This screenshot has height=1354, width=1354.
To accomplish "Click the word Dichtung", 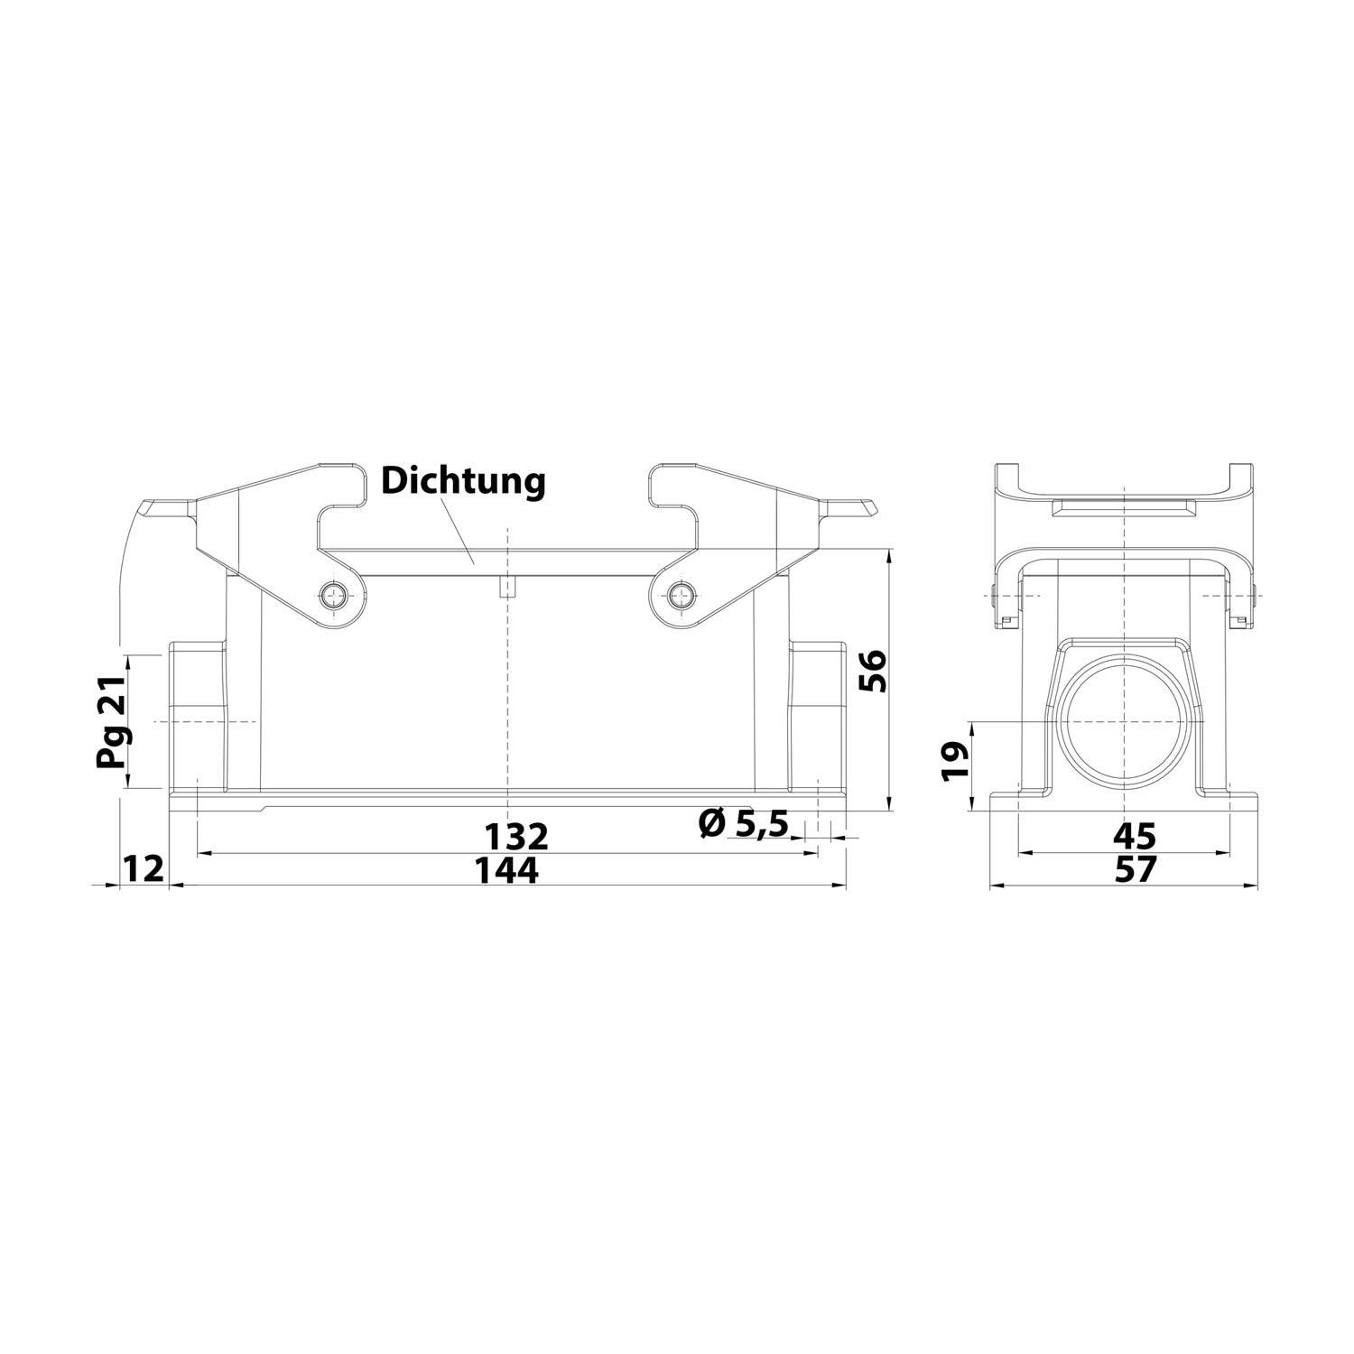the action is click(463, 480).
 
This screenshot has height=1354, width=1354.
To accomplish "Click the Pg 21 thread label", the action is click(112, 723).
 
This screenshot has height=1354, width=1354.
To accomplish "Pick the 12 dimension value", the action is click(143, 869).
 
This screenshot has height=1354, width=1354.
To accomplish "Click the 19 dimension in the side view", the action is click(955, 760).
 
